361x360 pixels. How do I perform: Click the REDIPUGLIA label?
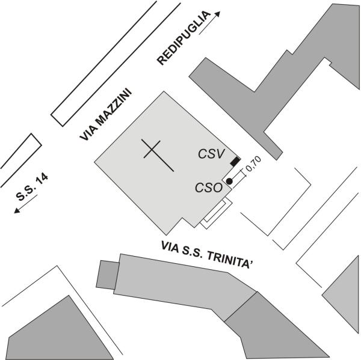pyautogui.click(x=184, y=38)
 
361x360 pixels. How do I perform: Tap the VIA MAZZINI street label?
pyautogui.click(x=106, y=114)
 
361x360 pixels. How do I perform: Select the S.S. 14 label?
pyautogui.click(x=32, y=187)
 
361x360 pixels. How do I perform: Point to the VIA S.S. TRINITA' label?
pyautogui.click(x=208, y=254)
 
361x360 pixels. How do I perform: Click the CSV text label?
pyautogui.click(x=211, y=154)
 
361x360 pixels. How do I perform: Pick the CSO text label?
pyautogui.click(x=209, y=188)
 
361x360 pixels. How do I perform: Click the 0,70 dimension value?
pyautogui.click(x=253, y=163)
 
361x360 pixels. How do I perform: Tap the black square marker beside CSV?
pyautogui.click(x=235, y=162)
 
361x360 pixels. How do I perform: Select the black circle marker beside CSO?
pyautogui.click(x=229, y=182)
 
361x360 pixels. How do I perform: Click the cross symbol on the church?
pyautogui.click(x=158, y=155)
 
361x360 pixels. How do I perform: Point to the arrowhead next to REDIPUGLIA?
pyautogui.click(x=217, y=14)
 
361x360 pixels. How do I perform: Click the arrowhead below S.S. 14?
pyautogui.click(x=17, y=210)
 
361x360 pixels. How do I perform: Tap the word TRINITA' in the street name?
pyautogui.click(x=230, y=260)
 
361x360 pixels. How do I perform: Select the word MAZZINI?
pyautogui.click(x=114, y=106)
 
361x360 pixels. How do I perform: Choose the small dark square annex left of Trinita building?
pyautogui.click(x=108, y=275)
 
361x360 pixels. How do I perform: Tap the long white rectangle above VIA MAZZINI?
pyautogui.click(x=116, y=64)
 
